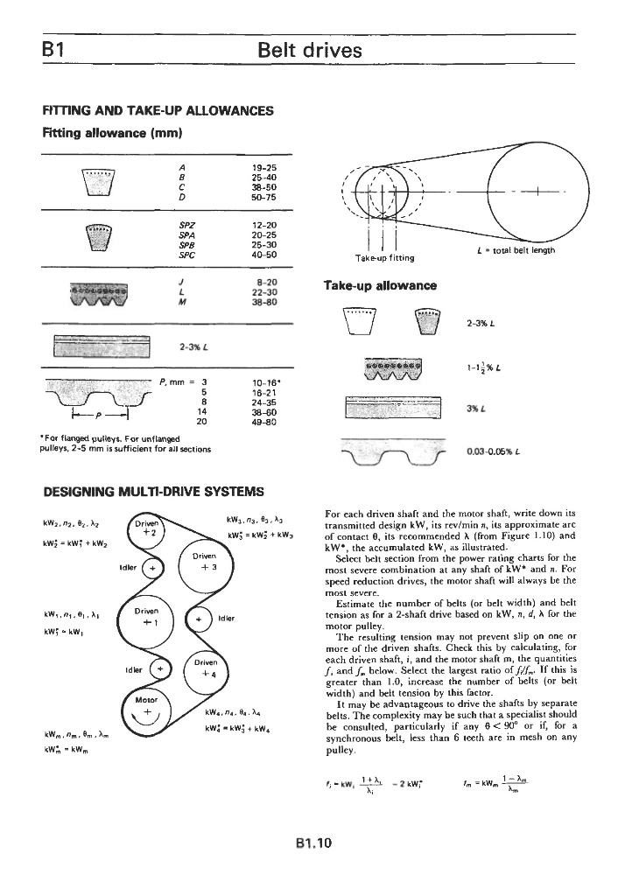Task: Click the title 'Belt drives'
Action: point(311,50)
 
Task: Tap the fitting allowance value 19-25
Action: point(263,167)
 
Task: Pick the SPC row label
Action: point(186,255)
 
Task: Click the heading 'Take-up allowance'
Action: point(380,285)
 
